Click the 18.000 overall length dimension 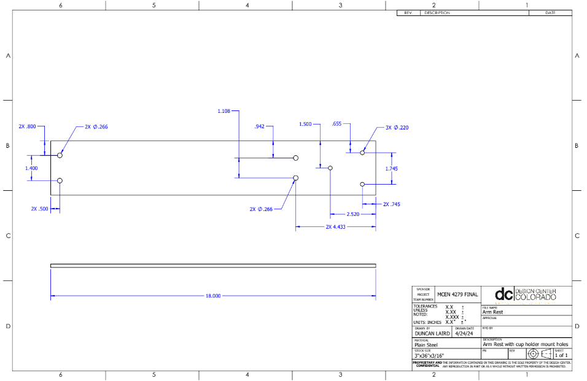(x=212, y=296)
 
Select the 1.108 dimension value (x=224, y=111)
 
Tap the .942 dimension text (x=259, y=126)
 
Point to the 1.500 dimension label (x=305, y=124)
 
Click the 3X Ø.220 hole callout (x=397, y=128)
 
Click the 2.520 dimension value (x=353, y=215)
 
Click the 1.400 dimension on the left (x=31, y=167)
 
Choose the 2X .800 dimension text (x=27, y=126)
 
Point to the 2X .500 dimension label (x=39, y=209)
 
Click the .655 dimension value (x=336, y=124)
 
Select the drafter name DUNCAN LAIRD (x=432, y=334)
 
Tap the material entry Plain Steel (x=426, y=345)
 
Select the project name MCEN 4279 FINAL (x=457, y=294)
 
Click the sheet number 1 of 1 (x=561, y=355)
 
